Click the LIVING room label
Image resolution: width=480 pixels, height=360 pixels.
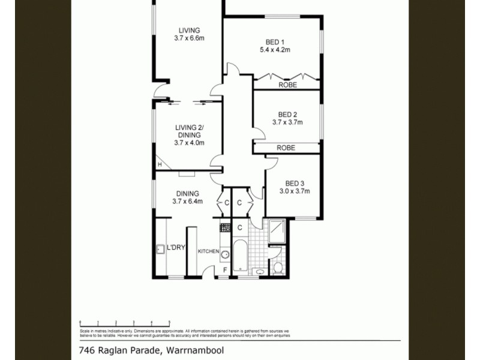(x=188, y=31)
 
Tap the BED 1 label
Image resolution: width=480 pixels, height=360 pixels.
(x=275, y=42)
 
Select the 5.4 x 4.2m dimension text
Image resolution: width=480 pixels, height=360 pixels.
(x=275, y=50)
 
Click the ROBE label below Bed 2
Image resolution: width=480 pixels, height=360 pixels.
(x=286, y=148)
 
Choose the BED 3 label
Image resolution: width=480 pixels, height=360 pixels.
(x=294, y=184)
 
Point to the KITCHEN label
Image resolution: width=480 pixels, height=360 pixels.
(x=208, y=251)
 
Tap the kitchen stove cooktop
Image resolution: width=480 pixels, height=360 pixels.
(x=225, y=227)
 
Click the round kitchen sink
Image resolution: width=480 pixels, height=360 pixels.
(x=225, y=254)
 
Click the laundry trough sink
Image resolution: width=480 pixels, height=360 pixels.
(x=160, y=249)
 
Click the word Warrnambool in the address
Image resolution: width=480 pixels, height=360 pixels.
(x=194, y=350)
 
